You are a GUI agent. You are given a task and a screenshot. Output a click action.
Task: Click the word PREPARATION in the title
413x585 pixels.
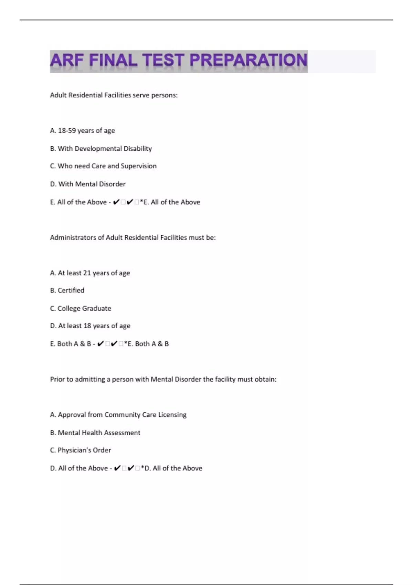point(248,60)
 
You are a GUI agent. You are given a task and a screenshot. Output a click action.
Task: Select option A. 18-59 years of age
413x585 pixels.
point(82,131)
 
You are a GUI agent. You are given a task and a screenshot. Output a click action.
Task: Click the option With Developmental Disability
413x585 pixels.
point(101,149)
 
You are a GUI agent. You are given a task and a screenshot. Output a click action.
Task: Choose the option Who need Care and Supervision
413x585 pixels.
point(103,166)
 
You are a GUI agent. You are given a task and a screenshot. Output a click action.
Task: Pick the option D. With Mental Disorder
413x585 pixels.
point(88,184)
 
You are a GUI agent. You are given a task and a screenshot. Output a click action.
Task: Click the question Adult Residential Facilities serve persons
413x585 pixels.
point(114,95)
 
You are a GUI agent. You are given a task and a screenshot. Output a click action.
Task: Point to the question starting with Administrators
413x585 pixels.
point(133,237)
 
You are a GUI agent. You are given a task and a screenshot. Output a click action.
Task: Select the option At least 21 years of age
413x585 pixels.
point(90,273)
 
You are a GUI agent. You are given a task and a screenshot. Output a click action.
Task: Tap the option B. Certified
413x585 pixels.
point(67,290)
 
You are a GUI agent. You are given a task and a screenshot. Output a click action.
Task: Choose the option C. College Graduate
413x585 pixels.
point(81,308)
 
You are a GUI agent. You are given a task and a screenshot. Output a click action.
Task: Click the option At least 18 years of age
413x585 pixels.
point(90,326)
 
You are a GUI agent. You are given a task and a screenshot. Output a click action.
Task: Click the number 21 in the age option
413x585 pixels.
point(87,273)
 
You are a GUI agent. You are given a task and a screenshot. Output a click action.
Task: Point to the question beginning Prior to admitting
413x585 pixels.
point(163,379)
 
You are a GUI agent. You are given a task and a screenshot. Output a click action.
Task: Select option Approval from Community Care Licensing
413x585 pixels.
point(118,415)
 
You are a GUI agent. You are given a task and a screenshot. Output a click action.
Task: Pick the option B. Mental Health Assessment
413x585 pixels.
point(95,433)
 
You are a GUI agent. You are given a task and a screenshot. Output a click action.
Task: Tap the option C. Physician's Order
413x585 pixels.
point(81,450)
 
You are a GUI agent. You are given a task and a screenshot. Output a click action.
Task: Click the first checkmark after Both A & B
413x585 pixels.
point(100,344)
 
